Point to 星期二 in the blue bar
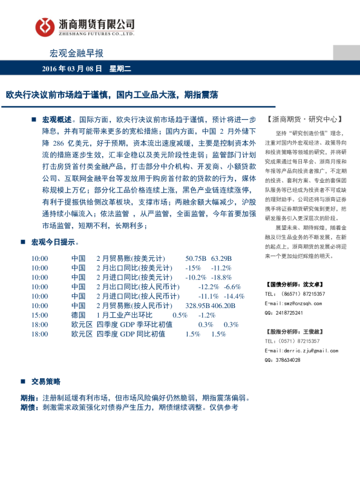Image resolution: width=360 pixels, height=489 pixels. click(120, 69)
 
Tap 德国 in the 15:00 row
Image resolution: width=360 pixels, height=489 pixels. click(78, 315)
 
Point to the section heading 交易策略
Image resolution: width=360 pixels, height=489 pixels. click(46, 382)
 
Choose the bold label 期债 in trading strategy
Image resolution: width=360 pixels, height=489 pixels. click(28, 408)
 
